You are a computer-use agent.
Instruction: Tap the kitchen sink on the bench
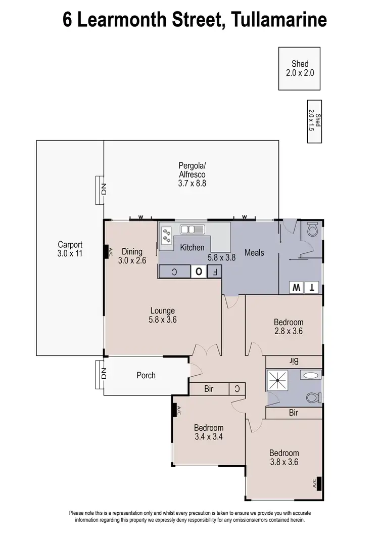(x=192, y=230)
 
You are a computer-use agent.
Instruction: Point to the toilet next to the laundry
(x=312, y=231)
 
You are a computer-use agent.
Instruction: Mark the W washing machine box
(x=295, y=288)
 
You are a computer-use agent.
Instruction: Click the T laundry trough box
(x=312, y=288)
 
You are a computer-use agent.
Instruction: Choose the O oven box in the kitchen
(x=199, y=272)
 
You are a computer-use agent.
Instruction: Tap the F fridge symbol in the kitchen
(x=215, y=272)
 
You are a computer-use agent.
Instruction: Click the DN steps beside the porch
(x=100, y=374)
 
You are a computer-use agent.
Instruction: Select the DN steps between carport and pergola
(x=100, y=190)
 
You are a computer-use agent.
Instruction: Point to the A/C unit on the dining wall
(x=107, y=252)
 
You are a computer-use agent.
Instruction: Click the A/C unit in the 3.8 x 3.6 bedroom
(x=319, y=484)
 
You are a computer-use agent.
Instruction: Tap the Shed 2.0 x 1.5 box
(x=315, y=123)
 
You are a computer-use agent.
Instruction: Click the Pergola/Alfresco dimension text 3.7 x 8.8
(x=192, y=184)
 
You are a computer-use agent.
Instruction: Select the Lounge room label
(x=162, y=310)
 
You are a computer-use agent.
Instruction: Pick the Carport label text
(x=70, y=244)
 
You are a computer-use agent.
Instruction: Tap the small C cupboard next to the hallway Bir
(x=238, y=389)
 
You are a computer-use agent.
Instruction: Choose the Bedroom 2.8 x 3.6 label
(x=289, y=322)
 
